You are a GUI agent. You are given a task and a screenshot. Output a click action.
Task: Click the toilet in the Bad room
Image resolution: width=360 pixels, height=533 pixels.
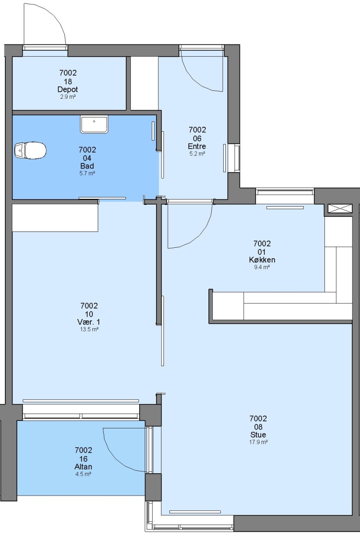(30, 150)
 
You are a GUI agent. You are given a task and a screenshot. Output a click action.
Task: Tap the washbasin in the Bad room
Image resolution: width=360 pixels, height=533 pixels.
(94, 124)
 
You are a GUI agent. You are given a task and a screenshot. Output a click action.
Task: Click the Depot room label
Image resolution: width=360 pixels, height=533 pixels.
(68, 89)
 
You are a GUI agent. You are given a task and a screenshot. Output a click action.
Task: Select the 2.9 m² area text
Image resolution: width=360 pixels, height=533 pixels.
(68, 97)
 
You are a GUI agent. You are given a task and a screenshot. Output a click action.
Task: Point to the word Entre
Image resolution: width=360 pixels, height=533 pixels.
(197, 146)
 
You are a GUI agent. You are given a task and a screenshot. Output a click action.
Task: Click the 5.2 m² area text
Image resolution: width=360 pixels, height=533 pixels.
(197, 153)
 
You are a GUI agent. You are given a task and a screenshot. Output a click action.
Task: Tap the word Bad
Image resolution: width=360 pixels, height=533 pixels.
(87, 166)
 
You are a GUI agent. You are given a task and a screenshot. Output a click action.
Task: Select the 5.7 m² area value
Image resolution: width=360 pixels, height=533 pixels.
(87, 173)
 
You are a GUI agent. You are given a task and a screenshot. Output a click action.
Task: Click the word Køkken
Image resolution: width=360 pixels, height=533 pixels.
(262, 260)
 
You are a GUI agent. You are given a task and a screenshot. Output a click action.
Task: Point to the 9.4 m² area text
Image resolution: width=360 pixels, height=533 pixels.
(262, 267)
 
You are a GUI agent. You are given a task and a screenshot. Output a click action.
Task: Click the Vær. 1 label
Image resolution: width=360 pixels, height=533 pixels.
(89, 322)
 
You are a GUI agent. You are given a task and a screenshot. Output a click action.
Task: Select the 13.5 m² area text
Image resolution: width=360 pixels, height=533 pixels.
(89, 329)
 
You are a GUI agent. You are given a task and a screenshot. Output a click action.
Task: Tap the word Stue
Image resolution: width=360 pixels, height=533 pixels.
(258, 435)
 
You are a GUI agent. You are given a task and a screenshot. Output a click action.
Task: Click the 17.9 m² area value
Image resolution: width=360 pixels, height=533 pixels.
(258, 442)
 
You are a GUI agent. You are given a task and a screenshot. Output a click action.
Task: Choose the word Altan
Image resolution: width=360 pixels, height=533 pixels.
(83, 467)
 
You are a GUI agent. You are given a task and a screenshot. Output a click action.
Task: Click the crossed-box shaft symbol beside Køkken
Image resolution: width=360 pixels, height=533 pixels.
(340, 208)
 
